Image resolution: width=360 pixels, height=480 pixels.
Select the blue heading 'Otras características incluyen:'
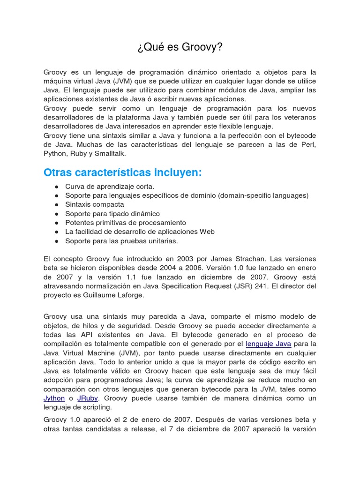122,172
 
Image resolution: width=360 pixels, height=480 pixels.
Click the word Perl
308,144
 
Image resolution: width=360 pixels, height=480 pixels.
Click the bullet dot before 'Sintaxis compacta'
56,205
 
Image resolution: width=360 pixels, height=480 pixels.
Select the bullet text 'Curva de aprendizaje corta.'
103,187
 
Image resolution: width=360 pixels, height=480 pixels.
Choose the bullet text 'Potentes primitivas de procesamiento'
126,223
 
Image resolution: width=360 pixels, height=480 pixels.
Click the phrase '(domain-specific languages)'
263,195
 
